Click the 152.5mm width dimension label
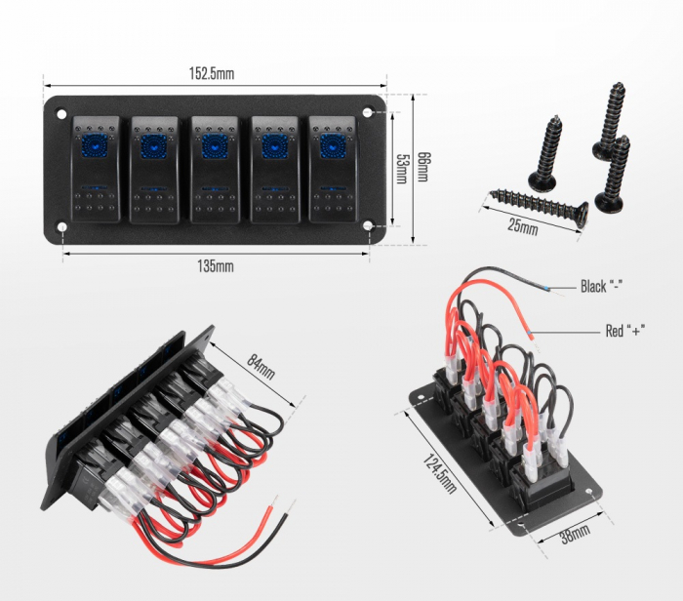click(x=212, y=73)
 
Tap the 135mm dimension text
click(x=216, y=266)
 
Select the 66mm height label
click(x=422, y=167)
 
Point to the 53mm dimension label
click(x=401, y=169)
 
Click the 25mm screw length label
click(x=523, y=226)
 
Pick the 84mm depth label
click(x=261, y=366)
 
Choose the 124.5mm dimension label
click(x=440, y=473)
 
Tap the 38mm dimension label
click(x=575, y=533)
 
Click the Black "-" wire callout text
click(x=601, y=287)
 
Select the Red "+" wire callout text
click(x=625, y=331)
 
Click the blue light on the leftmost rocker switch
click(x=95, y=146)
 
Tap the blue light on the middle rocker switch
click(x=215, y=146)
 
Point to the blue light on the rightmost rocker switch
click(x=334, y=146)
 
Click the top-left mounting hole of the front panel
click(x=61, y=114)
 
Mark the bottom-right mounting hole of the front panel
click(x=368, y=225)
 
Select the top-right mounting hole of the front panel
click(x=368, y=112)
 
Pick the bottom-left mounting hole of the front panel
click(x=62, y=227)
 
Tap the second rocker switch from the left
click(x=154, y=170)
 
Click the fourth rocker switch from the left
click(x=274, y=170)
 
